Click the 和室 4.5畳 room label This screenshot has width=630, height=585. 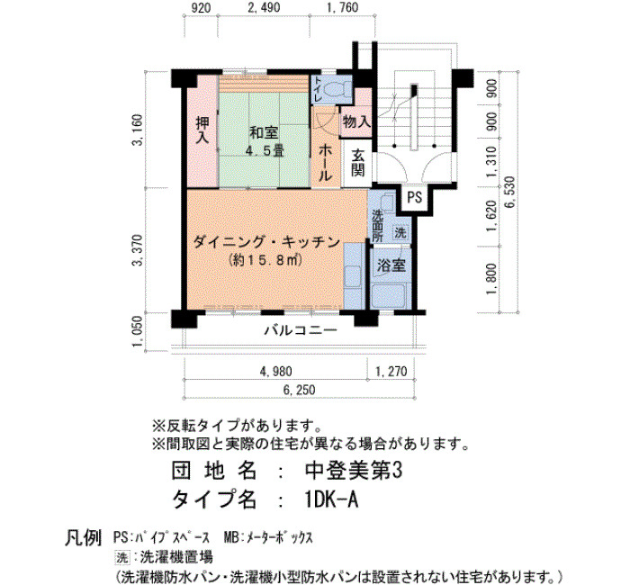coord(265,141)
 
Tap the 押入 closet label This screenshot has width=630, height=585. coord(202,130)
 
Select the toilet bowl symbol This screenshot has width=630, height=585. coord(335,88)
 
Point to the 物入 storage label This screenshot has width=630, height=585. coord(356,121)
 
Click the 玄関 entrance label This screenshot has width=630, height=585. coord(357,163)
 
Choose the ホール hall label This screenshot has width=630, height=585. coord(326,163)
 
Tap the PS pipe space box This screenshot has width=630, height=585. coord(414,198)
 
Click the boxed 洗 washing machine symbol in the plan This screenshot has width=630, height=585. coord(400,232)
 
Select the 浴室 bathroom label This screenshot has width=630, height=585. coord(391,265)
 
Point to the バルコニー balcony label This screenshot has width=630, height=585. coord(301,330)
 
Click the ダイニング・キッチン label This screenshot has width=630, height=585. coord(266,242)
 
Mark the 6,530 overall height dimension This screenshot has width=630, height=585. coord(510,192)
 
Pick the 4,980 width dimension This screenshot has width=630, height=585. coord(276,371)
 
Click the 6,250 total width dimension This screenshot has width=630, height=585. coord(300,390)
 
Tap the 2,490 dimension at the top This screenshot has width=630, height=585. coord(264,7)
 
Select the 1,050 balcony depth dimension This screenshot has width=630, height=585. coord(137,331)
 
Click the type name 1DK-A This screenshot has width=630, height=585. coord(330,500)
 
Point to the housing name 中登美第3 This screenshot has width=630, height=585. coord(353,471)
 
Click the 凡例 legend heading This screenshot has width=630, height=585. coord(83,537)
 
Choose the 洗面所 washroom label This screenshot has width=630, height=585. coord(378,226)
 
